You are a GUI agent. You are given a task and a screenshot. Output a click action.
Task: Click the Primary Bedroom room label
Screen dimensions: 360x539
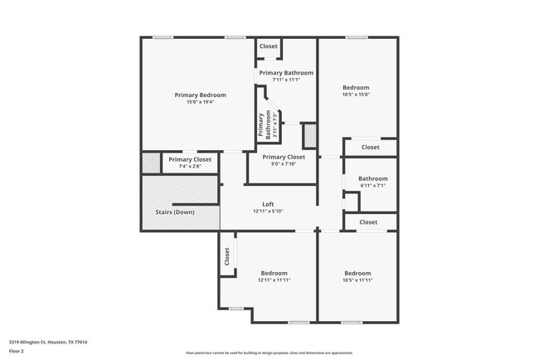point(200,95)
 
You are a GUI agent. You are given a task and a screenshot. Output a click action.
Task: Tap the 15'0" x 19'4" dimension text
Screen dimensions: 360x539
point(200,103)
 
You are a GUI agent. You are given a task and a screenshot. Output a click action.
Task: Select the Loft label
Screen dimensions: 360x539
point(268,204)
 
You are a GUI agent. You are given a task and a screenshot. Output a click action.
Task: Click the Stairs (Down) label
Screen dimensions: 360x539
point(175,212)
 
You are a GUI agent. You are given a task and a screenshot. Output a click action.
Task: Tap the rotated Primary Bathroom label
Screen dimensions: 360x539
point(264,124)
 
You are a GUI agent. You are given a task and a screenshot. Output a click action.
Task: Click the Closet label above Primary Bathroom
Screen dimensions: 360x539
point(269,46)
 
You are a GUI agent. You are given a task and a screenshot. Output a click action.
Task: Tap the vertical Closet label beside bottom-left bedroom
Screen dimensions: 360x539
point(226,257)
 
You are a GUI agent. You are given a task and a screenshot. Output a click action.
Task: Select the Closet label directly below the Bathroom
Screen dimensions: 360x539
point(368,222)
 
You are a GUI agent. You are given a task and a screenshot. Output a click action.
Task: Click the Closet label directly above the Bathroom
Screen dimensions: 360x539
point(370,148)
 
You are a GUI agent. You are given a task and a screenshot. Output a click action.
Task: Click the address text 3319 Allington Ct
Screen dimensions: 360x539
point(48,342)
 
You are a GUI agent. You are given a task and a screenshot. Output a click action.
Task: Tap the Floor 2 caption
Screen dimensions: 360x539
point(17,351)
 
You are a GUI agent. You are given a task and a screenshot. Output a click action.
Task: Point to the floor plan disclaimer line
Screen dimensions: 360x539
point(269,353)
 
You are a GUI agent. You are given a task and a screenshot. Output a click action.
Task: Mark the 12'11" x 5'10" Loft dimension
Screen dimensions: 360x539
point(268,212)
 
